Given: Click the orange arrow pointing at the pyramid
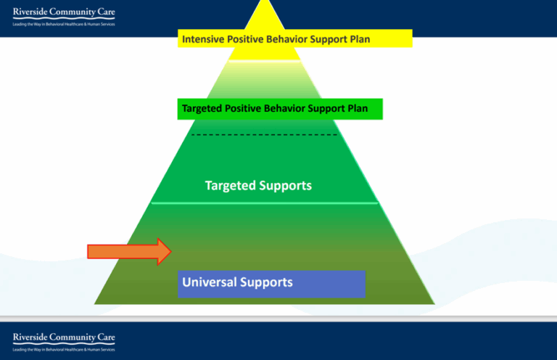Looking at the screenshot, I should pyautogui.click(x=129, y=252).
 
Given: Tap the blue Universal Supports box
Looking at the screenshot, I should pyautogui.click(x=271, y=284).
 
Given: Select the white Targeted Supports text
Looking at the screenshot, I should pyautogui.click(x=258, y=186).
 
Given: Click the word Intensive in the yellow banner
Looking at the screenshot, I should pyautogui.click(x=205, y=38).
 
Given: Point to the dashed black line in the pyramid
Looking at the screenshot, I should pyautogui.click(x=264, y=135).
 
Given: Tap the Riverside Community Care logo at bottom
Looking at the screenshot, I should pyautogui.click(x=64, y=337).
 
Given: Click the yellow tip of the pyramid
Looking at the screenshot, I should pyautogui.click(x=264, y=15).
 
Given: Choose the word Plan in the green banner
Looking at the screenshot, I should pyautogui.click(x=355, y=109).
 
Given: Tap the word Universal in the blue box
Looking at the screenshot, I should pyautogui.click(x=210, y=282).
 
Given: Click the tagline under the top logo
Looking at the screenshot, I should pyautogui.click(x=64, y=24).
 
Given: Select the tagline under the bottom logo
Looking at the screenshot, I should pyautogui.click(x=64, y=349).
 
